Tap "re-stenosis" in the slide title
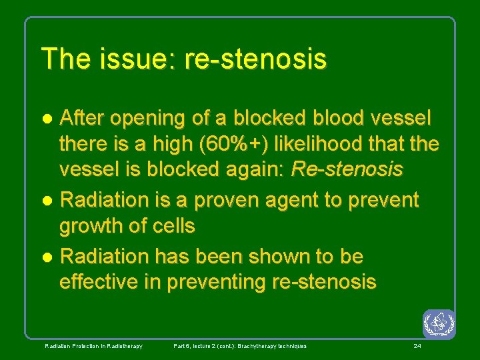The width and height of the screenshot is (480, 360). (x=256, y=59)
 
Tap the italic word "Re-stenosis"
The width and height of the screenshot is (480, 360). (x=347, y=170)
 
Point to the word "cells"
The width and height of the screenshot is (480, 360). (x=172, y=226)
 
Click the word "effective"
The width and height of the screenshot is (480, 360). (x=100, y=282)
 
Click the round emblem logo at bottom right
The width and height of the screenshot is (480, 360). (x=439, y=323)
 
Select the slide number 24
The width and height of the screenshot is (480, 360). (x=417, y=346)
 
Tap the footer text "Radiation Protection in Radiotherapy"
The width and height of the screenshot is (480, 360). (x=93, y=346)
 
